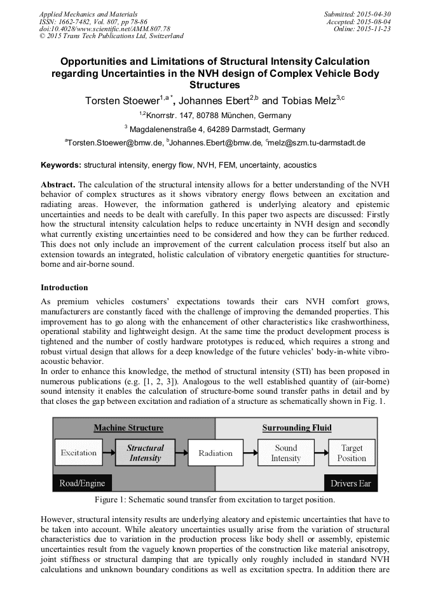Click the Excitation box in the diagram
79,453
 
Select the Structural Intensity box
145,453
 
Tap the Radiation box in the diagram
215,453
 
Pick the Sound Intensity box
286,453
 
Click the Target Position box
352,453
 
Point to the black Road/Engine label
82,483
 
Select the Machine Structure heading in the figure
128,428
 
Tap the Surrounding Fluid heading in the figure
297,428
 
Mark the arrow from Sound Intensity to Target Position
321,453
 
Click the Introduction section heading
64,288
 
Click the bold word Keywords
61,165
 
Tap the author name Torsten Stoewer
123,101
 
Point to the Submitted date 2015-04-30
357,13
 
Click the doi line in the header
104,29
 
